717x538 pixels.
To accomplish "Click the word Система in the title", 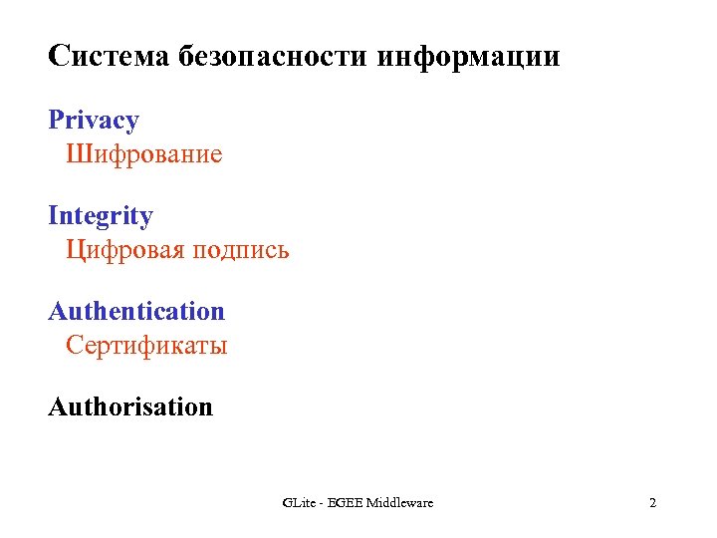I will point(109,57).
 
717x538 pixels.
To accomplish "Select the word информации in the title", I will point(469,57).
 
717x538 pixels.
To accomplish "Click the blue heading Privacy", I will point(94,122).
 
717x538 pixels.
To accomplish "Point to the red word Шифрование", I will point(144,154).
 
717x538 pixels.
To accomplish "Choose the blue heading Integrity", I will point(101,217).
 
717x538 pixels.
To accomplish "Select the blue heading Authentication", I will point(136,312).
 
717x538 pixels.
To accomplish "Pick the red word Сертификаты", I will point(147,346).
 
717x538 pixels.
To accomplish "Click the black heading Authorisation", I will point(130,407).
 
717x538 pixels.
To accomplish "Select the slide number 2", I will point(652,503).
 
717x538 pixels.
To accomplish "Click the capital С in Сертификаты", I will point(74,346).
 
